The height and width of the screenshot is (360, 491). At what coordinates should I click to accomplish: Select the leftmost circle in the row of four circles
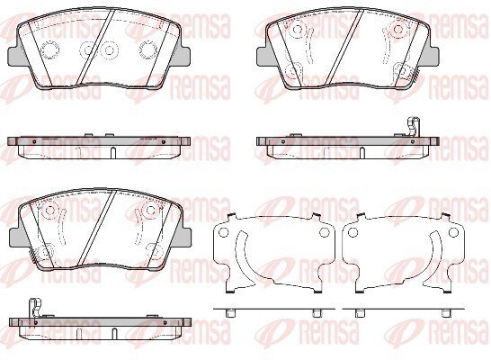click(x=49, y=49)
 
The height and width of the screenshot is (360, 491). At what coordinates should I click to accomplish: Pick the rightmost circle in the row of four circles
click(x=148, y=49)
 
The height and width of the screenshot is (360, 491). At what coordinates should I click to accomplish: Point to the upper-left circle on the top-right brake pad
click(x=297, y=29)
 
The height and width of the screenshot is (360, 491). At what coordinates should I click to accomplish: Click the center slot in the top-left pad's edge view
click(x=113, y=153)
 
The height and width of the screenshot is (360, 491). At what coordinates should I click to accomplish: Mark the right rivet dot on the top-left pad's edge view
click(x=163, y=142)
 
